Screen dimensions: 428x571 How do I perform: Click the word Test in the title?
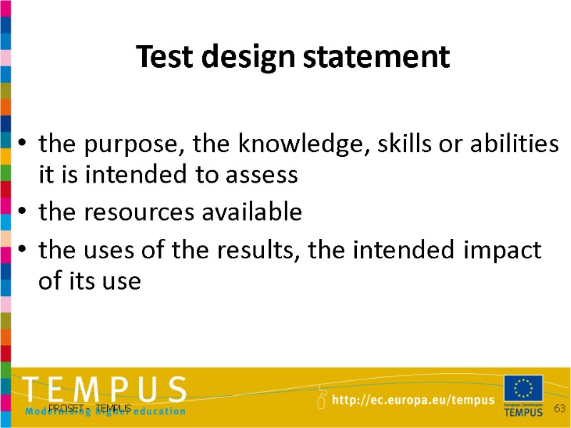(157, 56)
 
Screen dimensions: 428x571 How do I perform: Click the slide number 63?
(560, 408)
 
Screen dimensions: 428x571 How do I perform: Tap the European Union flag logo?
(522, 389)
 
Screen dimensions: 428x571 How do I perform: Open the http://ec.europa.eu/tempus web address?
(413, 401)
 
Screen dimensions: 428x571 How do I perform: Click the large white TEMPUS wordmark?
(104, 390)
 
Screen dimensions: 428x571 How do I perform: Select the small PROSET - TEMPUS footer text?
(90, 408)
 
